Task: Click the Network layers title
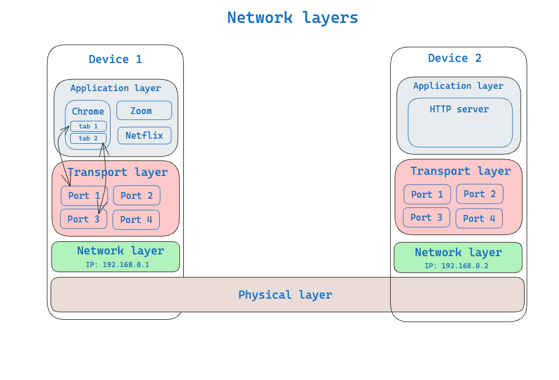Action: pos(292,18)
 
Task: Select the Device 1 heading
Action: pos(115,60)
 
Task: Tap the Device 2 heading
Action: pos(455,58)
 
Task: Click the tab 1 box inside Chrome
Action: pos(88,126)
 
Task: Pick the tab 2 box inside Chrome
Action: pos(88,138)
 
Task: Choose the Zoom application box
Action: pos(144,111)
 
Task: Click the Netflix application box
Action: pos(144,136)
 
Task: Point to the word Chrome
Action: pos(88,112)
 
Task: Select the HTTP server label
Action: pos(459,109)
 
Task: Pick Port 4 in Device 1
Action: pos(136,220)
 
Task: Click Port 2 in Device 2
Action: pos(479,194)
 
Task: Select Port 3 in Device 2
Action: pos(427,218)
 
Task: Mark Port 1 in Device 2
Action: pos(427,194)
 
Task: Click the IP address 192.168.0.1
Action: pos(117,265)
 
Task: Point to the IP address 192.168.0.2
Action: pos(456,266)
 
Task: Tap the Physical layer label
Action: pos(285,295)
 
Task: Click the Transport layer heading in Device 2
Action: pos(460,171)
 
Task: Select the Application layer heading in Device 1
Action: pos(116,88)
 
